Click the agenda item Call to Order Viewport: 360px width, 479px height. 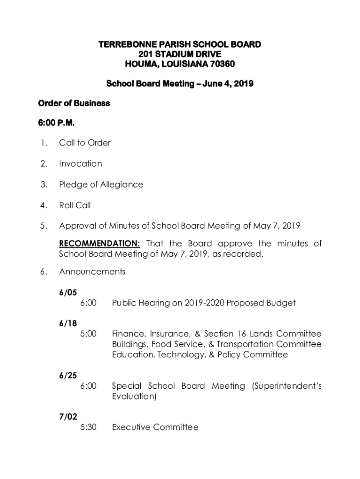point(85,143)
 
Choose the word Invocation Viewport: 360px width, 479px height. point(80,164)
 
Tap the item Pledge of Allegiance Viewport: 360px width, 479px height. point(101,184)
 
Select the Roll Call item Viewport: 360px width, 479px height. point(75,205)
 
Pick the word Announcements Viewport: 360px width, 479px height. point(92,272)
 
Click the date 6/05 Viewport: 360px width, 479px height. point(68,293)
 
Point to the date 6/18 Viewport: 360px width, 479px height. point(68,323)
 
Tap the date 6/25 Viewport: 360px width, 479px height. point(68,376)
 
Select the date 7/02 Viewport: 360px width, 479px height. point(68,417)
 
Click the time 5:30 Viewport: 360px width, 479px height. point(88,427)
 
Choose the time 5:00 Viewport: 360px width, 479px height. point(88,334)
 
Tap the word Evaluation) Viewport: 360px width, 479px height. point(134,397)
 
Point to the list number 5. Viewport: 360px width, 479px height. point(43,226)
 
